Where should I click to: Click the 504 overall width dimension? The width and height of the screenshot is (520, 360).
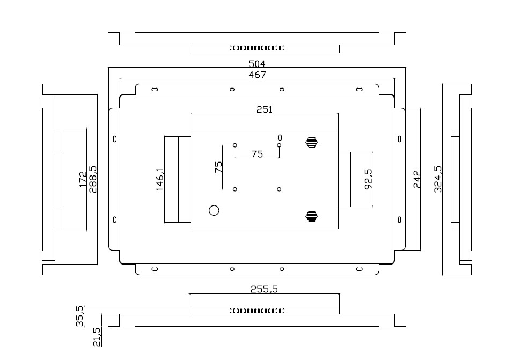click(257, 64)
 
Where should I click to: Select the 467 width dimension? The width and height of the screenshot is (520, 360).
click(258, 75)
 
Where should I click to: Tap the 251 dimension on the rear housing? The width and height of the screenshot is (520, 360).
click(265, 109)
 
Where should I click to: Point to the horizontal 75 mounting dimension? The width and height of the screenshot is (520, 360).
click(257, 154)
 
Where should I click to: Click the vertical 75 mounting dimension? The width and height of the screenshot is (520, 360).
click(218, 167)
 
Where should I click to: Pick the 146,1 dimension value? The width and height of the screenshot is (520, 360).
click(160, 179)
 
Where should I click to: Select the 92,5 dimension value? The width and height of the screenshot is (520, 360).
click(369, 179)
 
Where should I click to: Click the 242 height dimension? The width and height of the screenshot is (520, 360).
click(417, 179)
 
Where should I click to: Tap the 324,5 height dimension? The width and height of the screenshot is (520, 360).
click(438, 179)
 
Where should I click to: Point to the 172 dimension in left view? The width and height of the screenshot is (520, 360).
click(83, 179)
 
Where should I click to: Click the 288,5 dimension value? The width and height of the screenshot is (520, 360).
click(93, 179)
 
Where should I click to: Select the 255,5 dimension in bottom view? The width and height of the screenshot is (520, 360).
click(264, 289)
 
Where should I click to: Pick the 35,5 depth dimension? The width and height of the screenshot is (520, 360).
click(80, 316)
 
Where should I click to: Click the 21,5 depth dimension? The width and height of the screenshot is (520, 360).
click(97, 337)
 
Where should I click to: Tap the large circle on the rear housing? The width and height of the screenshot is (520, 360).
click(214, 210)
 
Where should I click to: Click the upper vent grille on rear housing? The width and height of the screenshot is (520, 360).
click(311, 142)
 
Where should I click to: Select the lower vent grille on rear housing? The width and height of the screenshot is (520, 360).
click(311, 216)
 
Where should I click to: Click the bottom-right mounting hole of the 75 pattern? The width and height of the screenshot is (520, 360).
click(279, 189)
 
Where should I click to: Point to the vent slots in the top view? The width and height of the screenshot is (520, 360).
click(257, 48)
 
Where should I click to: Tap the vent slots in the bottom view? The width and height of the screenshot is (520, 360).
click(257, 311)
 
